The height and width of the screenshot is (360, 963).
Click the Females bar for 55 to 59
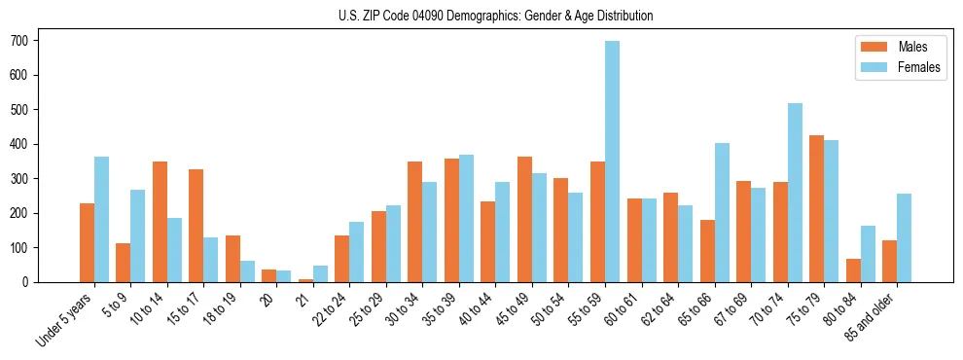612,162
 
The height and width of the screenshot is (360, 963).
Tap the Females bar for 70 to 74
795,193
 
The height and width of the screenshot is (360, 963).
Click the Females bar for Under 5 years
101,219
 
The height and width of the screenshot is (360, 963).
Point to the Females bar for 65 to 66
722,212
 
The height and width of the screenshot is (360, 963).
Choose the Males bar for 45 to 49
524,219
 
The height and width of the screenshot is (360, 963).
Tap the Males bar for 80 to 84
853,270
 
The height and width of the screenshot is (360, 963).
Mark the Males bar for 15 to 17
196,226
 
